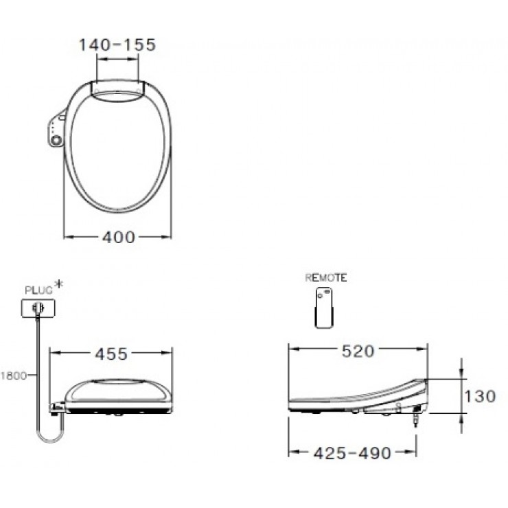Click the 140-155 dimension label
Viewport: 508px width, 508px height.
(117, 45)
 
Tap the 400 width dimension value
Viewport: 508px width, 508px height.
(119, 237)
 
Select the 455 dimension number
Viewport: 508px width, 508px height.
(111, 354)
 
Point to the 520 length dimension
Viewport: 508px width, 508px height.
(358, 351)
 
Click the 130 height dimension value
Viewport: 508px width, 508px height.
(480, 396)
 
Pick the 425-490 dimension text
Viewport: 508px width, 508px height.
(352, 453)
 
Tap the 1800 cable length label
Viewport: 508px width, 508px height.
(14, 376)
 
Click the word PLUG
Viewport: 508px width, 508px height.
(38, 290)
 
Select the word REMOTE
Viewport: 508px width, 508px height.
(326, 277)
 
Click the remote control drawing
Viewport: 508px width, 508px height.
(324, 308)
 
